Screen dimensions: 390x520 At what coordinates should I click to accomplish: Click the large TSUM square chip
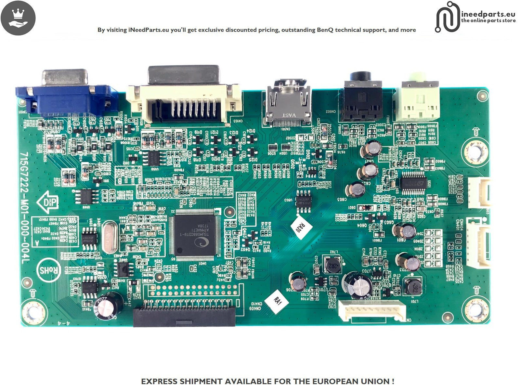pos(194,235)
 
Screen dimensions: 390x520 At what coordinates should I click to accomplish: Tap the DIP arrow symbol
pos(48,202)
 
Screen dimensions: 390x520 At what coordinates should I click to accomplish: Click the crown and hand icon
pos(18,18)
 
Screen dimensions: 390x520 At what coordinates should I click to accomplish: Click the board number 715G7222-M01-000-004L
pos(25,208)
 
